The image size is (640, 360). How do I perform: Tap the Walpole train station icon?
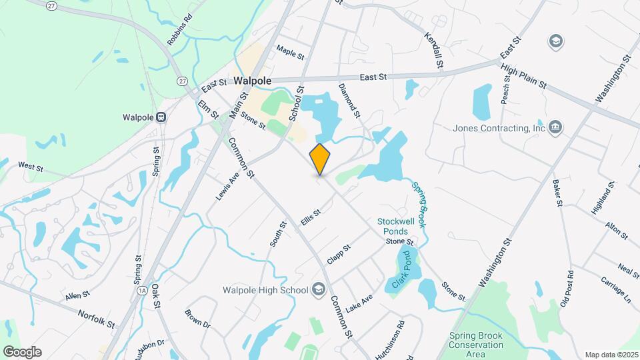[161, 117]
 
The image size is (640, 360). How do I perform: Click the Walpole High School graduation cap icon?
[318, 289]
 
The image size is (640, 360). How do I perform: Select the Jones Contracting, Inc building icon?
[555, 127]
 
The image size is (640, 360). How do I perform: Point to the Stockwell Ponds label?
[397, 226]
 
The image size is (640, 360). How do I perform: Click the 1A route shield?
[141, 291]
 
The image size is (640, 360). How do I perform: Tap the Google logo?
[22, 351]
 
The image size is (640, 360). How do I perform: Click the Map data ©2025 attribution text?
[611, 355]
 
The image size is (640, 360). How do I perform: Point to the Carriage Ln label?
[615, 288]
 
